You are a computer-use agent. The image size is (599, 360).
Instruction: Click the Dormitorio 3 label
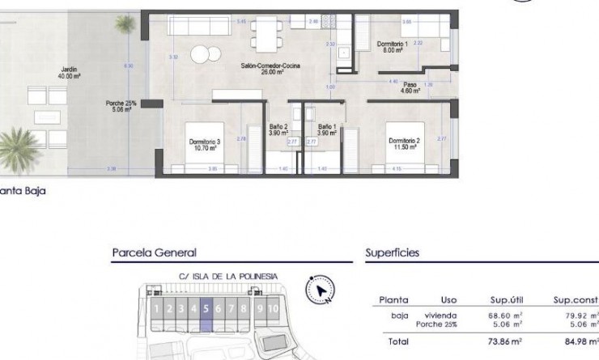pyautogui.click(x=205, y=146)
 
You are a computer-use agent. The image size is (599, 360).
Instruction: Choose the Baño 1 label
pyautogui.click(x=327, y=129)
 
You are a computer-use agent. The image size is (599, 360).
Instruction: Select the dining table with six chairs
pyautogui.click(x=265, y=32)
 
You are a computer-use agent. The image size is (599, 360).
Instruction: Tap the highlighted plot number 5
pyautogui.click(x=207, y=308)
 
